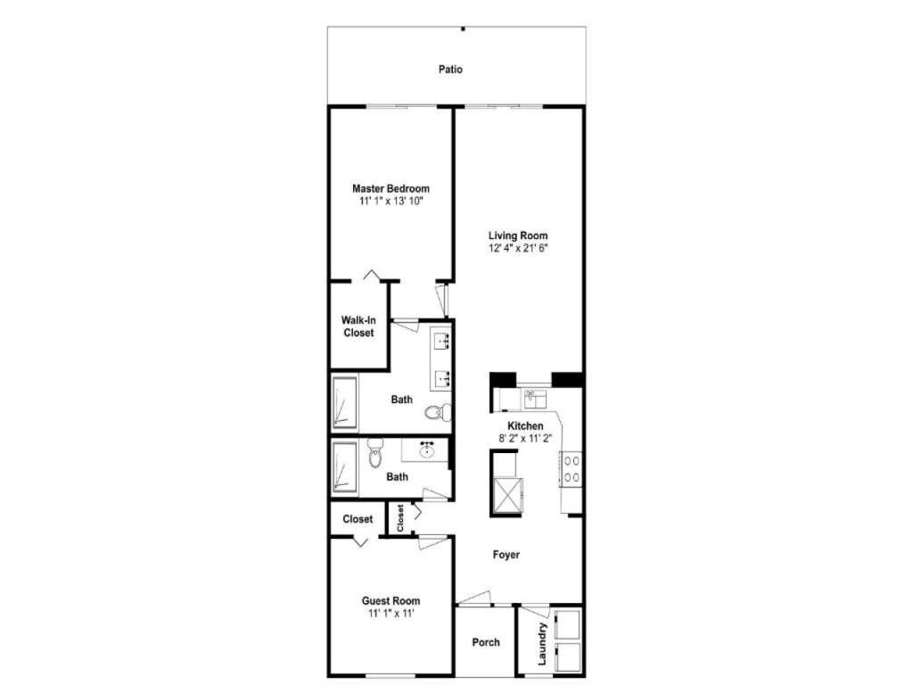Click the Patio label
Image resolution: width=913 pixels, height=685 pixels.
point(450,70)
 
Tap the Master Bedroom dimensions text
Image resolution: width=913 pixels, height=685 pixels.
point(391,202)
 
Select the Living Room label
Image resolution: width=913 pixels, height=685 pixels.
point(518,235)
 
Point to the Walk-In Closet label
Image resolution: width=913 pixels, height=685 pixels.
point(358,326)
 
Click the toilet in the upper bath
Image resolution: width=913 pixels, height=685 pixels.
point(438,412)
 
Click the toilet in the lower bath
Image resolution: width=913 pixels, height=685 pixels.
point(375,453)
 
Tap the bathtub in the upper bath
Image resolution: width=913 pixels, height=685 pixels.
point(344,402)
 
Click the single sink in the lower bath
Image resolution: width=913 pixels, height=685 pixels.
point(428,450)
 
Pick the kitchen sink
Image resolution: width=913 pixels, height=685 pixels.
point(535,400)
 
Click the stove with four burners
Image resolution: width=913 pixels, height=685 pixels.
point(572,469)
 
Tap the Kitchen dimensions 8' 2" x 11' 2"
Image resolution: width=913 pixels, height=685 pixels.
point(525,439)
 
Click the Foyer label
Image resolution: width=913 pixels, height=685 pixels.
point(506,555)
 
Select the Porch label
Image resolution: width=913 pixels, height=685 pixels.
point(486,642)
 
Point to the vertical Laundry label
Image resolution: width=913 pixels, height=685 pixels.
point(542,644)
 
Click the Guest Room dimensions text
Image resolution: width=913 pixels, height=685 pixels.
point(391,614)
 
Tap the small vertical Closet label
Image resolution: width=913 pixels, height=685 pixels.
point(400,518)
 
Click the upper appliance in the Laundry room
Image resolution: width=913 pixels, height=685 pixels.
point(567,624)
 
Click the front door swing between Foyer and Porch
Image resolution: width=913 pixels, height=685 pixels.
point(473,598)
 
